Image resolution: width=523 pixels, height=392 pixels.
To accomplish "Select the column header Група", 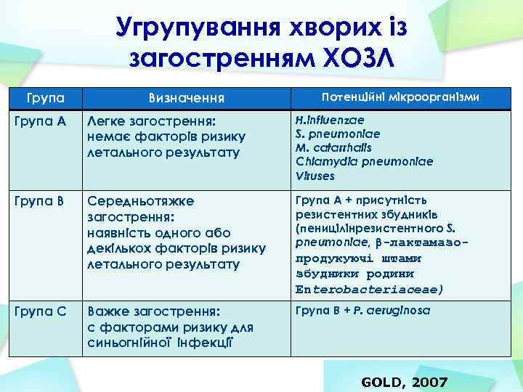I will pos(45,97).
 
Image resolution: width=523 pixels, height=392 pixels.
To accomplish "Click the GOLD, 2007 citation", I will pos(404,382).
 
